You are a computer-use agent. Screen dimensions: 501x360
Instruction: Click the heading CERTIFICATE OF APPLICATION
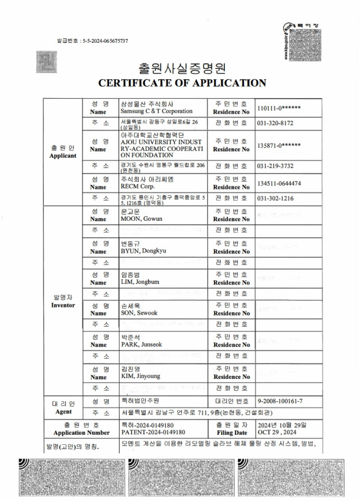tap(182, 83)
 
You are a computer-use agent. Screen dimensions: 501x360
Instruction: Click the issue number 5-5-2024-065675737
tap(105, 41)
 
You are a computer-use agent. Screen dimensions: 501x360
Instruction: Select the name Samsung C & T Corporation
tap(156, 111)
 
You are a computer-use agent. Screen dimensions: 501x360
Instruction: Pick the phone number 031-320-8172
tap(275, 124)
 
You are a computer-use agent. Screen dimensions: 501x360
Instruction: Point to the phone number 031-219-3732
tap(275, 166)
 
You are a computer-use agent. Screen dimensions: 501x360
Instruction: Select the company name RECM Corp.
tap(137, 186)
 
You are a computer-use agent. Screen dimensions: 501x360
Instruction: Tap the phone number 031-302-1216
tap(275, 199)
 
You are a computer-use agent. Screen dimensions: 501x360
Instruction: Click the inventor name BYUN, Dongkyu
tap(143, 251)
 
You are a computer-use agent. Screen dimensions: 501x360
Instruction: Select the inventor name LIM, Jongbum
tap(140, 282)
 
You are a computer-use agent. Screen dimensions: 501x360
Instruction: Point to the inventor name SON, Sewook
tap(139, 313)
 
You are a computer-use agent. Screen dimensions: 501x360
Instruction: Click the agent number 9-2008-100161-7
tap(280, 401)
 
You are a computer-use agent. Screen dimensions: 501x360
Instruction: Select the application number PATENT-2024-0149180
tap(153, 432)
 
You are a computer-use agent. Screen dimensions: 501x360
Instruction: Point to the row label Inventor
tap(63, 305)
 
